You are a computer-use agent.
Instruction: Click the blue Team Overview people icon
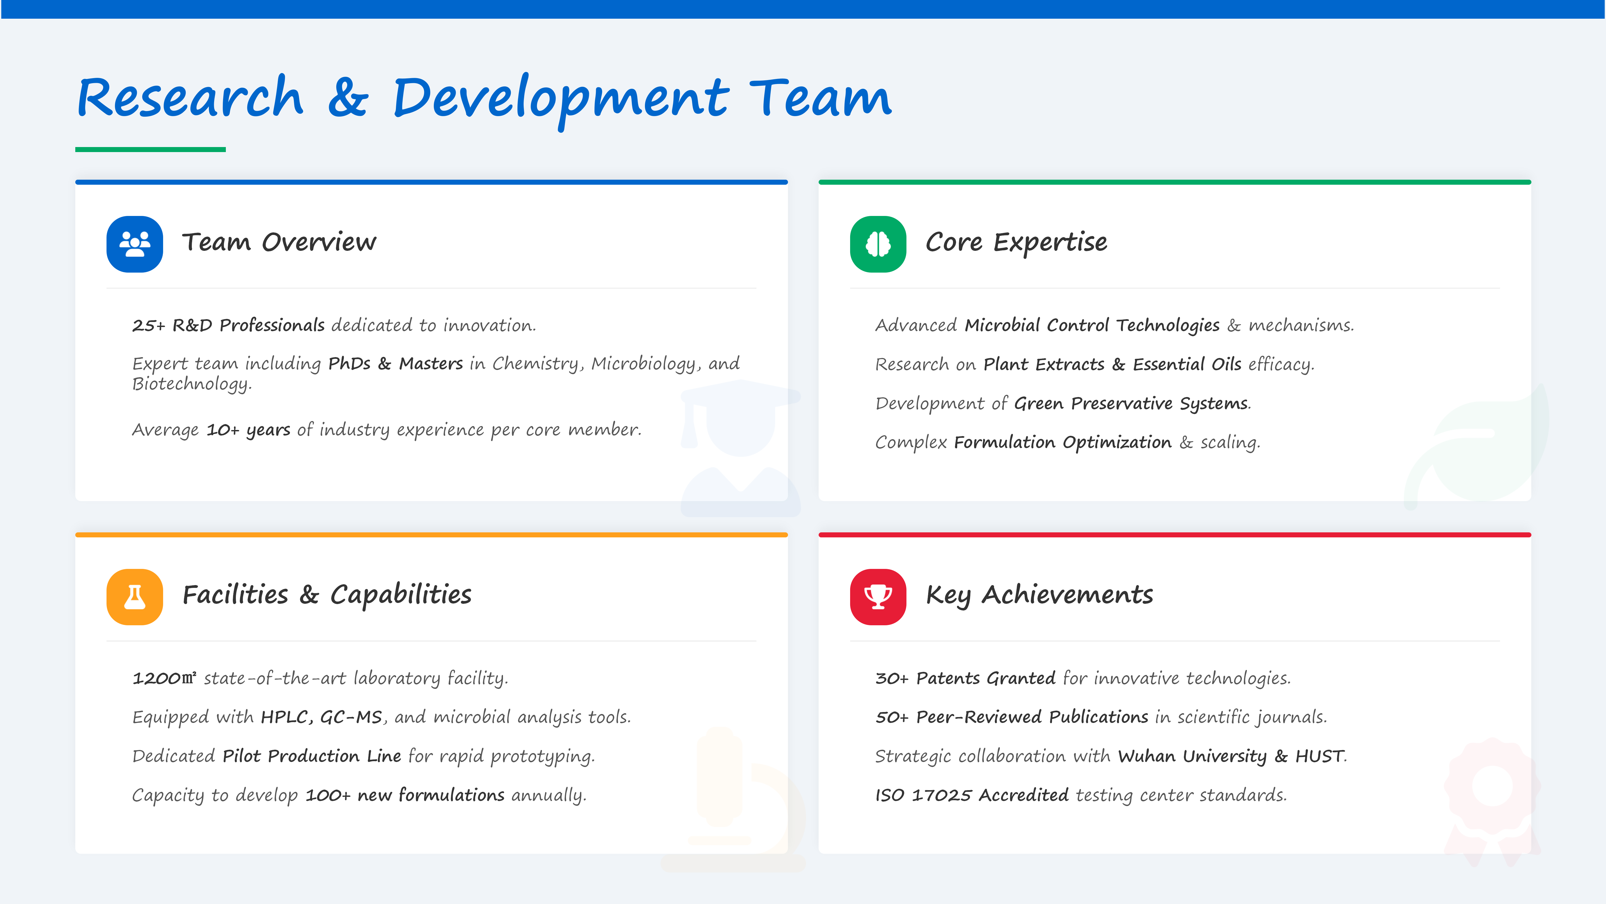coord(135,244)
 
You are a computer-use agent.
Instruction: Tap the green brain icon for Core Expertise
coord(878,244)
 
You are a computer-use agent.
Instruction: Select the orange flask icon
coord(135,597)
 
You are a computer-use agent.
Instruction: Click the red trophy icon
coord(878,597)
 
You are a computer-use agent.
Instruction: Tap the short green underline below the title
coord(150,150)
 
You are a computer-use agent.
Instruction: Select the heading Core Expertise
coord(1016,242)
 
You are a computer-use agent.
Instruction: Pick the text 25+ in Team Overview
coord(148,326)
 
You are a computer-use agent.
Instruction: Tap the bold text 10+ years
coord(248,430)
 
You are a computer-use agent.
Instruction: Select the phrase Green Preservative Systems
coord(1131,404)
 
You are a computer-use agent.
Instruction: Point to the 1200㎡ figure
coord(164,678)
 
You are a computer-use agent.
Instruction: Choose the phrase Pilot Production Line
coord(312,756)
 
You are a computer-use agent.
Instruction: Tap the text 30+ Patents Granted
coord(965,678)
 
